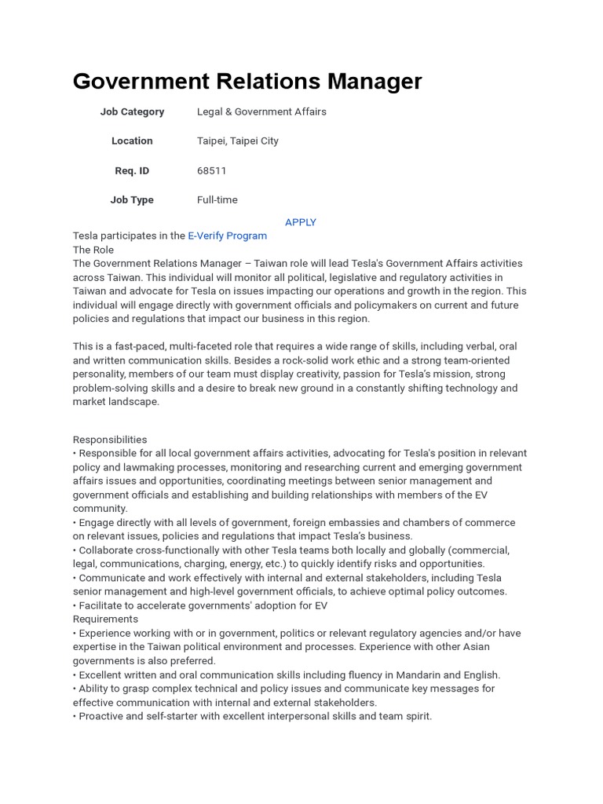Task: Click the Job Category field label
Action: click(132, 111)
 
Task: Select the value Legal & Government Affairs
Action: click(261, 111)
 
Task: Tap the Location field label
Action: click(132, 141)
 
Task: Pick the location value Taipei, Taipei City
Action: click(237, 141)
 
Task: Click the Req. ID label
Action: click(132, 170)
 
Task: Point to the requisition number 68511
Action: click(211, 170)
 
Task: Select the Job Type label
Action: click(132, 199)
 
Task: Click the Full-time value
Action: click(217, 199)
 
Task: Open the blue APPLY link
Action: click(301, 222)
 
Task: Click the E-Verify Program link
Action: click(228, 236)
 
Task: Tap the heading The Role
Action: click(93, 250)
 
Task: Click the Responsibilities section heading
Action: click(110, 440)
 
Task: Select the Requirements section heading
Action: click(105, 619)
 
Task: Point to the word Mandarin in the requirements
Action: click(432, 674)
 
